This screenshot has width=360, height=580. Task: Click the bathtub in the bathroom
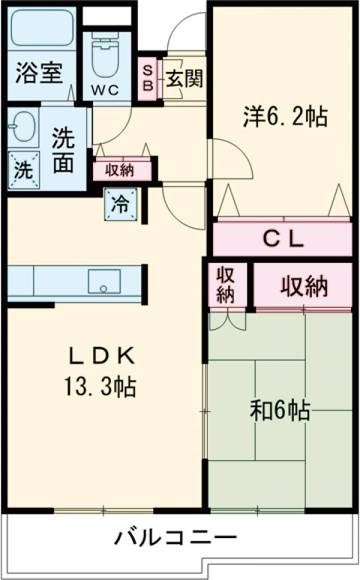pos(41,31)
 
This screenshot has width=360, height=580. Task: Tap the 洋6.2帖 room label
pos(285,116)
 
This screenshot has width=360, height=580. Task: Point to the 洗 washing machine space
pos(23,169)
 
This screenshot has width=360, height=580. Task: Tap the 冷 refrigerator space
pos(121,205)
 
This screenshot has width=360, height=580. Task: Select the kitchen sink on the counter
pos(104,281)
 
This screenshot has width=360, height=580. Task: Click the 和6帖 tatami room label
pos(280,411)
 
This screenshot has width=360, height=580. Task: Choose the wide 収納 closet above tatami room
pos(304,286)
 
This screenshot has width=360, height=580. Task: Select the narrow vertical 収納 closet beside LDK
pos(226,285)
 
